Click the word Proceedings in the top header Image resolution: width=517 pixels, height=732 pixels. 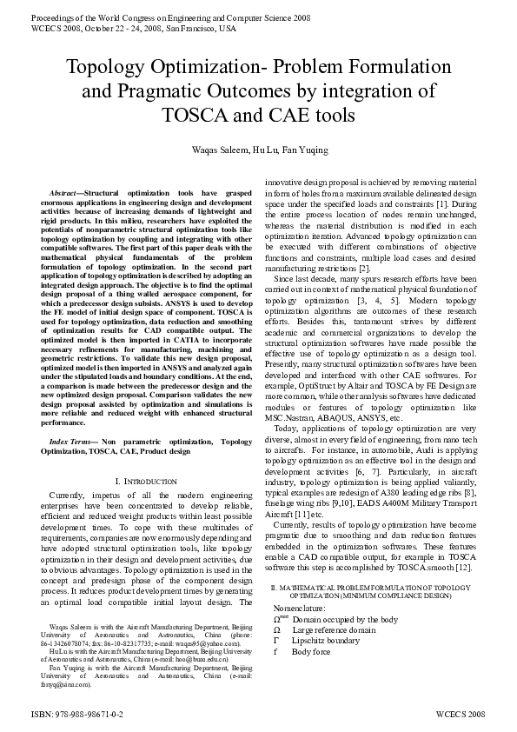click(49, 17)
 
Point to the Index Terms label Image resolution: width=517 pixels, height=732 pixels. click(70, 443)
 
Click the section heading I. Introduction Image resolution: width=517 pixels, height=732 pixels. click(146, 481)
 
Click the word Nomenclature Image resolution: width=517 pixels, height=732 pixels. click(302, 609)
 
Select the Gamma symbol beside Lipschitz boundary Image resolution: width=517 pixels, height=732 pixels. click(276, 641)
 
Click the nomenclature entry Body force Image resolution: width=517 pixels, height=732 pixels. click(311, 651)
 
